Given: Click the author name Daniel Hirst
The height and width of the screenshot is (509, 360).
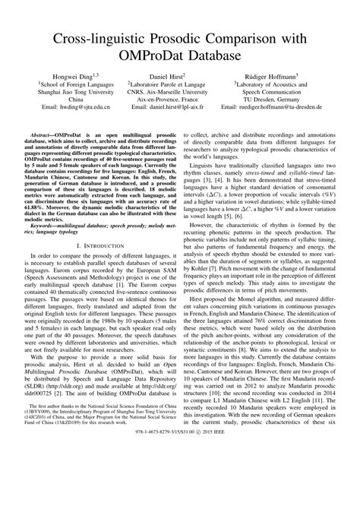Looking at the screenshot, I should pos(178,77).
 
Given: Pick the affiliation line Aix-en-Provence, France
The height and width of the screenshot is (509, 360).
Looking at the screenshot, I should pos(179,100).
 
